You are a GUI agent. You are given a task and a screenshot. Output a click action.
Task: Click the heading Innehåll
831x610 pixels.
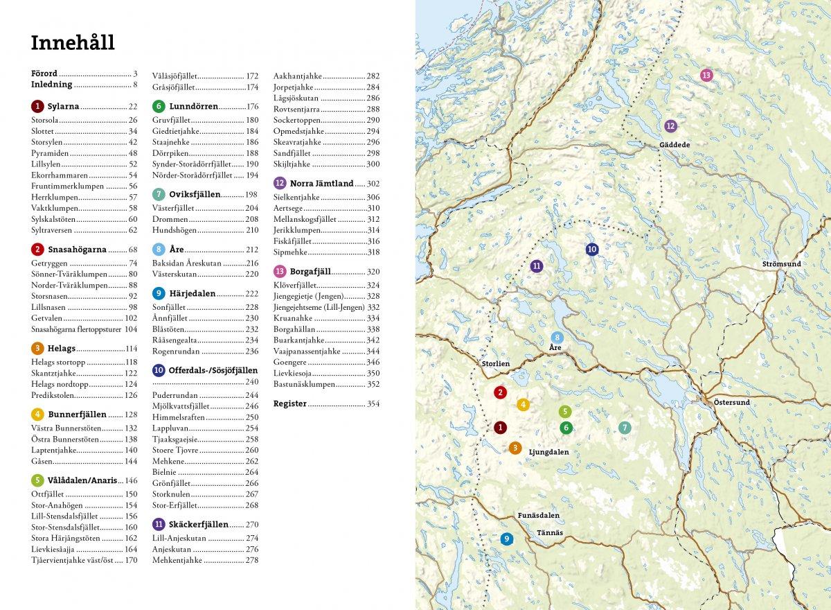(x=73, y=43)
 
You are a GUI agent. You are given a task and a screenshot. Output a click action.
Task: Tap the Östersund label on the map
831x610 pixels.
(x=731, y=402)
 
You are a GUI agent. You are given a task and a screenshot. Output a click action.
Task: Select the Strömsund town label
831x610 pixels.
(x=781, y=264)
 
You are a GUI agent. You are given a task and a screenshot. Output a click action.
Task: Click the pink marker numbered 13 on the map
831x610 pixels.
(x=706, y=75)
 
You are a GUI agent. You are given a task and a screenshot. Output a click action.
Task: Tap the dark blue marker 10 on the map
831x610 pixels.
(x=591, y=250)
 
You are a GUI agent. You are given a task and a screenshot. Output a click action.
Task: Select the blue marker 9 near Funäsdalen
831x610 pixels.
(x=507, y=539)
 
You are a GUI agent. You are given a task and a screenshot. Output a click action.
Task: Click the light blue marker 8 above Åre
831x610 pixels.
(x=557, y=338)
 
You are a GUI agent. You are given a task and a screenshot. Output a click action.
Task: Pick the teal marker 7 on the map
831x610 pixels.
(x=625, y=428)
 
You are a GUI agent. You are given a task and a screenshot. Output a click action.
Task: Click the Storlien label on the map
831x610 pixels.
(x=495, y=363)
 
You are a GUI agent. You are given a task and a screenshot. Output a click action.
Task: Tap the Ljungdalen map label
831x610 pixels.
(x=548, y=451)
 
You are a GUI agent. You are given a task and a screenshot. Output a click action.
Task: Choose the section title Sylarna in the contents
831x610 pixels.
(x=64, y=107)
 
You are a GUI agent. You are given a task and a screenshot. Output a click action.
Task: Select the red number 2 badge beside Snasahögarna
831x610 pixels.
(x=37, y=250)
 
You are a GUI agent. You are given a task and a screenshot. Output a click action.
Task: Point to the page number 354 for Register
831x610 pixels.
(x=373, y=403)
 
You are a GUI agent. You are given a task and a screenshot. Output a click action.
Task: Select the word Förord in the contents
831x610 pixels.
(x=44, y=73)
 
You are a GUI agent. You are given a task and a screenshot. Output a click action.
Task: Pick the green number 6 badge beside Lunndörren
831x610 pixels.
(x=159, y=107)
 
